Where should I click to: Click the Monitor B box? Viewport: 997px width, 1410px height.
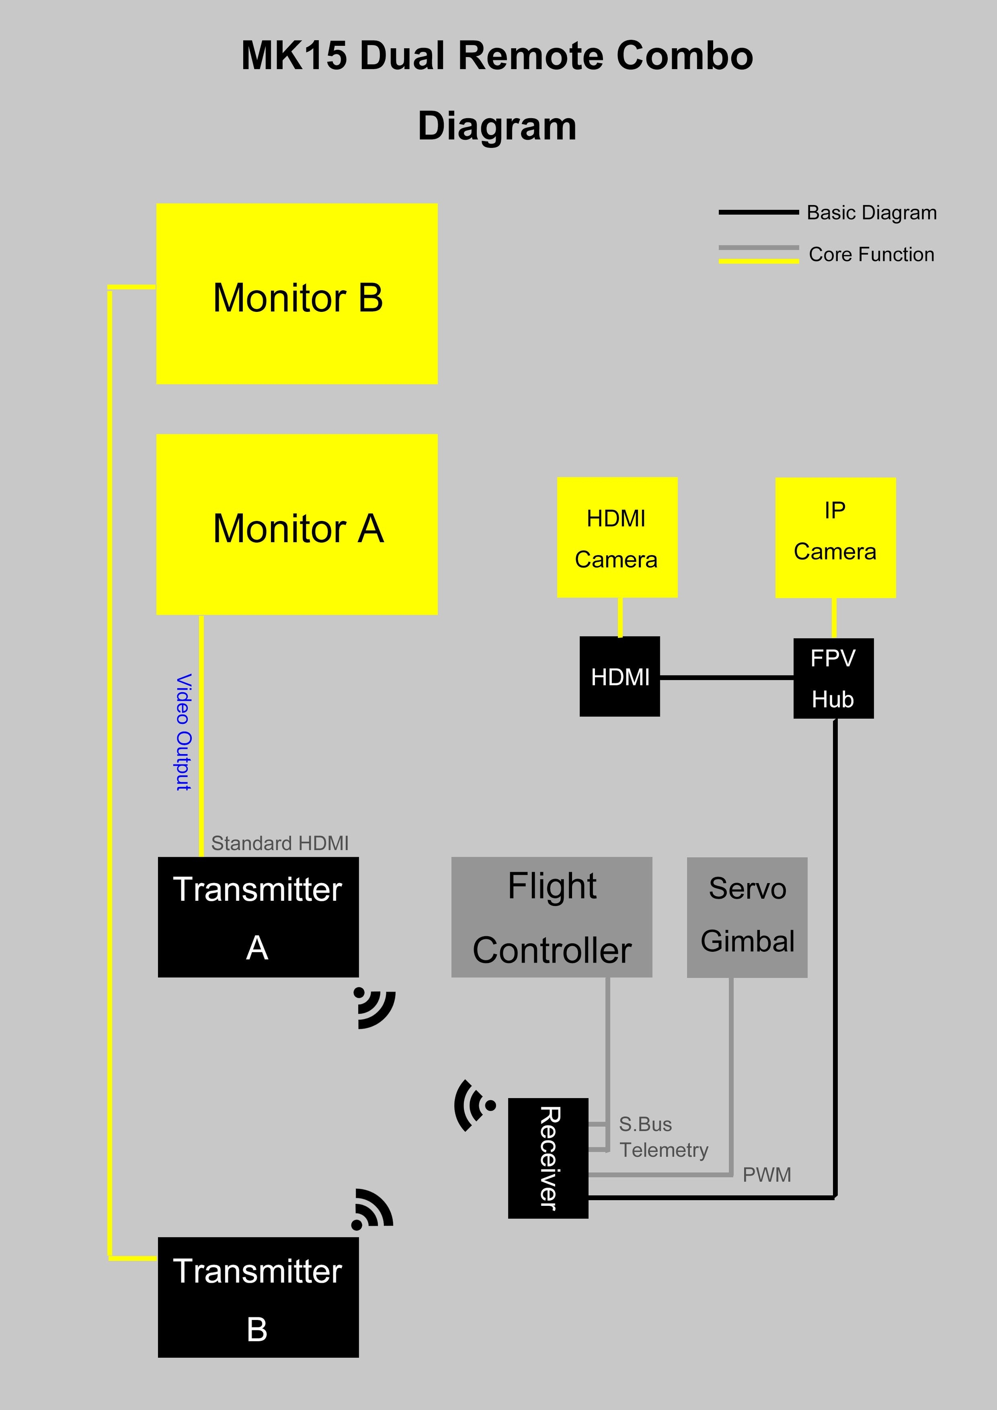coord(297,293)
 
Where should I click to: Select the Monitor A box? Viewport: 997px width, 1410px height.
coord(297,524)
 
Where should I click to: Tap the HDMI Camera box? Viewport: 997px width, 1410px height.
coord(617,537)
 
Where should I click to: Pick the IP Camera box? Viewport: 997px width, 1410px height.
coord(835,537)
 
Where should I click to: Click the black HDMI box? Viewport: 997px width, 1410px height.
coord(619,676)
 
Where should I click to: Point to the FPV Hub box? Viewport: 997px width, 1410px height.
coord(833,678)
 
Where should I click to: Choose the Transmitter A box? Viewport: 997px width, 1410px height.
coord(258,917)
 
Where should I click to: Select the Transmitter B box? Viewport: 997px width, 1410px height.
coord(258,1297)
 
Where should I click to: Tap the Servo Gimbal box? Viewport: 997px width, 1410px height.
coord(746,917)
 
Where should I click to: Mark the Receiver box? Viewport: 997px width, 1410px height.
coord(548,1158)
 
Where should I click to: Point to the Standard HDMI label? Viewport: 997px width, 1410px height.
coord(280,843)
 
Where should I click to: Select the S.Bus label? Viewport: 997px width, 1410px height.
coord(645,1124)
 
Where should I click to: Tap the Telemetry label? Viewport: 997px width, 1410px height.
coord(663,1150)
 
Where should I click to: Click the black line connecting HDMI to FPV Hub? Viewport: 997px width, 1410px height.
coord(726,678)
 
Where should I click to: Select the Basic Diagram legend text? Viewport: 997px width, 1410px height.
coord(871,212)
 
